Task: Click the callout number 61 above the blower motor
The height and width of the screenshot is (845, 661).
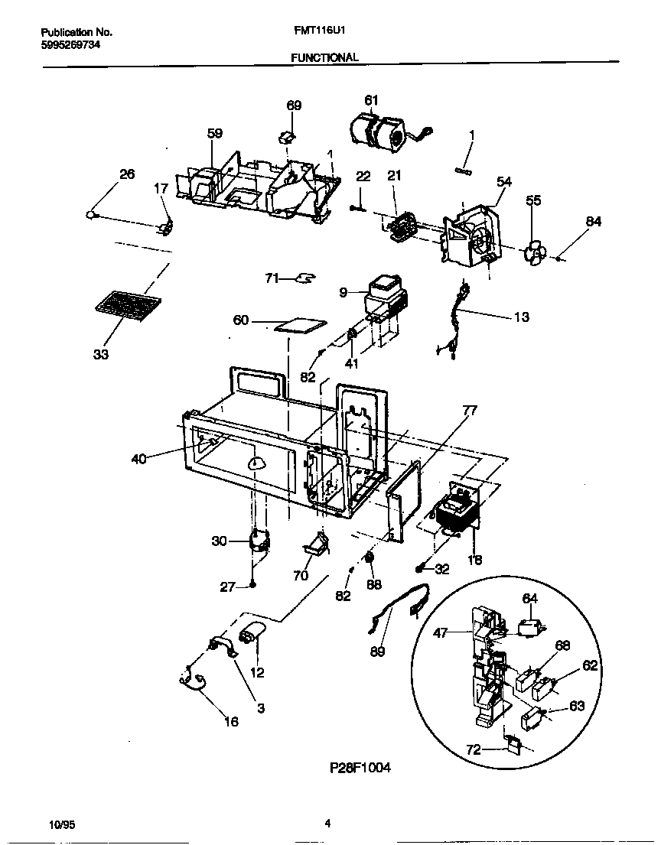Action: tap(371, 100)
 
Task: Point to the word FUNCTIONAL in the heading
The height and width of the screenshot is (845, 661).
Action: tap(324, 57)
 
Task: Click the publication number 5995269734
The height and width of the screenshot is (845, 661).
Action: tap(70, 44)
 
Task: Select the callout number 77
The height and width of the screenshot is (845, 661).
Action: tap(470, 411)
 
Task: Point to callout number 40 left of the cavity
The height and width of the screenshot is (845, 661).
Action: tap(138, 459)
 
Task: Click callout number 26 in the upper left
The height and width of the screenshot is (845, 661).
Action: tap(126, 174)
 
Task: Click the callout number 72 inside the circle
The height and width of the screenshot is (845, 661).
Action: tap(474, 749)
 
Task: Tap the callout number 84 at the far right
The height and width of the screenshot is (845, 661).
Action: tap(594, 222)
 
